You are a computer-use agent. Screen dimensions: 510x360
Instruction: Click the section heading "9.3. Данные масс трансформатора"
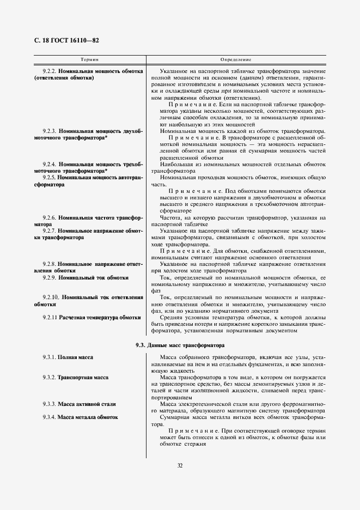point(180,345)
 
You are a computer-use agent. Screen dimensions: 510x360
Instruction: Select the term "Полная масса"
point(75,357)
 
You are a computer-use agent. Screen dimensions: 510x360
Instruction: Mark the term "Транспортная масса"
point(83,377)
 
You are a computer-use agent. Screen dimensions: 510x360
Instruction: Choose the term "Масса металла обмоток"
point(88,417)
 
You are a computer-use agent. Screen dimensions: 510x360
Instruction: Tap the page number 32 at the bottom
point(180,465)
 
